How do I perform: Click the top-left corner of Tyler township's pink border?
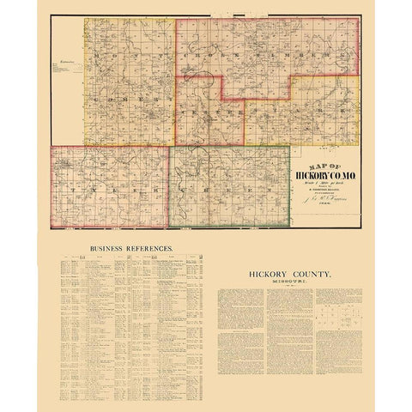click(x=51, y=146)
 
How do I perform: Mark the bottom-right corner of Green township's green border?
click(x=289, y=227)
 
